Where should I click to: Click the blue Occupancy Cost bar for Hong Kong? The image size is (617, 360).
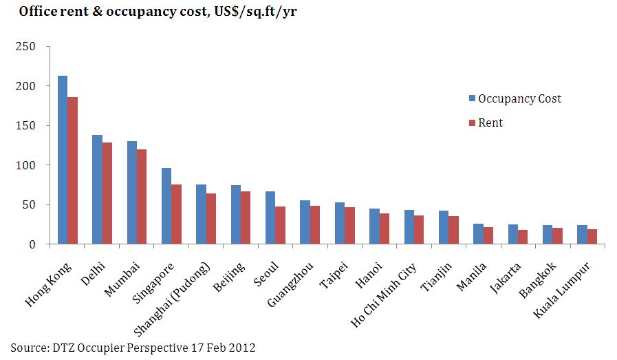[63, 160]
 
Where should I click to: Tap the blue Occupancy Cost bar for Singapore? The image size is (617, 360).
[166, 206]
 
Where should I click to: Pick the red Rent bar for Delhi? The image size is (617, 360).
[107, 193]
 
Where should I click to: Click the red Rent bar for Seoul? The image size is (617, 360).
[280, 225]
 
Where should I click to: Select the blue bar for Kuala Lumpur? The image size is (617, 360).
[582, 235]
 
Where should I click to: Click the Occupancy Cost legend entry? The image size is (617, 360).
[515, 98]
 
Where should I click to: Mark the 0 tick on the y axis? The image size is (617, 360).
[32, 244]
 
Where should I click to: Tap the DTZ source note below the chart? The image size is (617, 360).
[133, 348]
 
